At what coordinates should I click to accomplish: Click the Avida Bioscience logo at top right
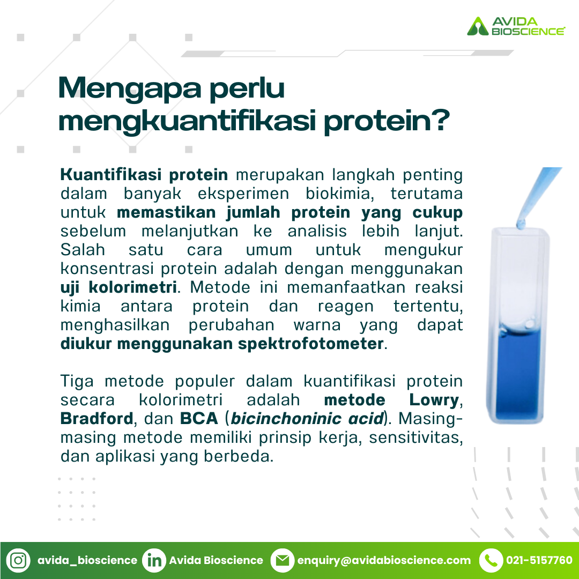click(x=516, y=26)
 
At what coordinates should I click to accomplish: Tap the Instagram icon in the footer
click(x=18, y=560)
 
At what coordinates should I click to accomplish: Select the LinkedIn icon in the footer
click(x=154, y=560)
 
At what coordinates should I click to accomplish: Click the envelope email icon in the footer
click(x=283, y=560)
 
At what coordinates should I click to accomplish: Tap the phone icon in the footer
click(x=491, y=560)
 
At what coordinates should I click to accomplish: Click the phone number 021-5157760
click(x=539, y=560)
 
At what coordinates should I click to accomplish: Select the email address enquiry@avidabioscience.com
click(x=384, y=561)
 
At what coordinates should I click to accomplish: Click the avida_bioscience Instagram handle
click(x=87, y=561)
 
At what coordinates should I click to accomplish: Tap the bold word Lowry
click(x=434, y=400)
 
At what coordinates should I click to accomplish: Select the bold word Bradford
click(x=96, y=418)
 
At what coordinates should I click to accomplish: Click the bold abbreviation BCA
click(x=199, y=418)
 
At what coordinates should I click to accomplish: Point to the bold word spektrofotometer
click(x=310, y=344)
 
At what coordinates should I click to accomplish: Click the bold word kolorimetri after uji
click(x=132, y=287)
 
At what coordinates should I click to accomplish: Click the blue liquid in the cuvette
click(x=518, y=373)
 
